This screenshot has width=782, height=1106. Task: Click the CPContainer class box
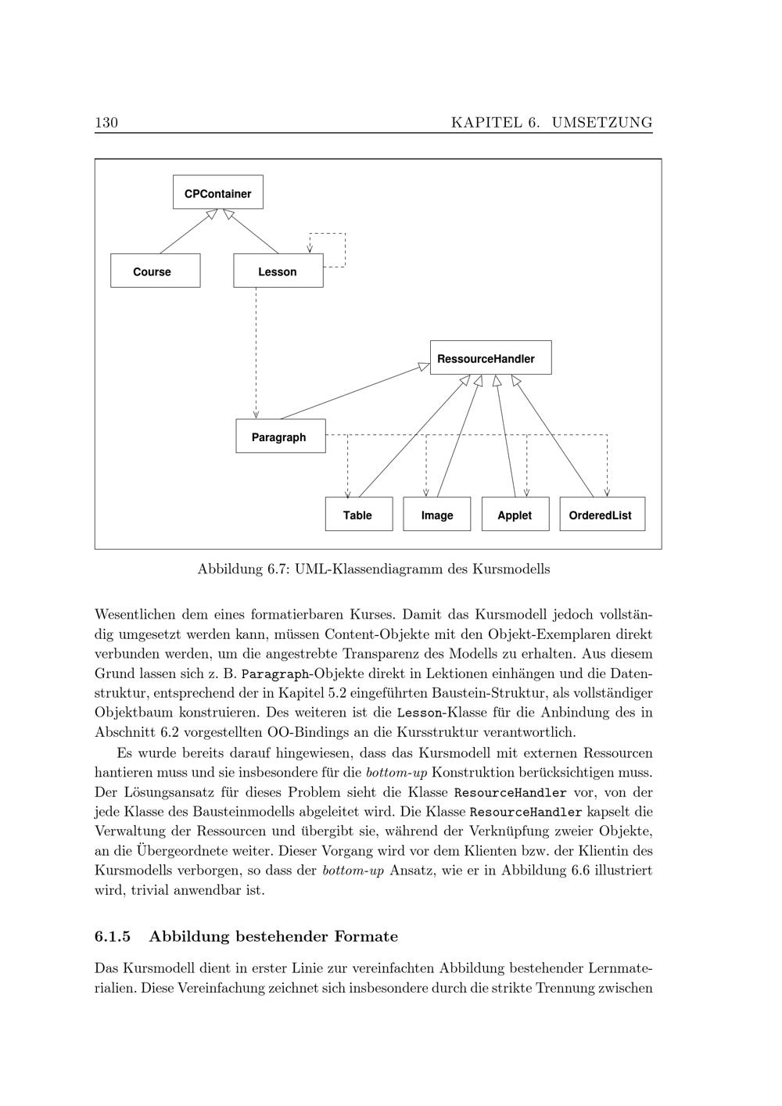coord(217,192)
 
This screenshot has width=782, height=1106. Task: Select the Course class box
coord(155,271)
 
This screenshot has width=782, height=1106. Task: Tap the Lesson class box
coord(278,271)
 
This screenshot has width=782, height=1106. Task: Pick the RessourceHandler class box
coord(490,357)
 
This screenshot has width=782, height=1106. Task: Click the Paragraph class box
coord(280,436)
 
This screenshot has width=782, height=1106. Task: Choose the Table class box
coord(358,514)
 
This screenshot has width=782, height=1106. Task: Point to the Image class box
coord(436,514)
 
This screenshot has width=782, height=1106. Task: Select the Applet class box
coord(515,514)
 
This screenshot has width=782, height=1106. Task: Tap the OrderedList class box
coord(601,514)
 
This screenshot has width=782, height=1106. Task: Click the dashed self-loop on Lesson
coord(344,249)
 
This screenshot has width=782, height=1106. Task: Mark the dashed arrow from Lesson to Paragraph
coord(256,352)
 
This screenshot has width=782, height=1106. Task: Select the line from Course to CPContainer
coord(186,232)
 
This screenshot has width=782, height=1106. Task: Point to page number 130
coord(106,122)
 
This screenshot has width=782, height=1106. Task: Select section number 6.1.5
coord(113,936)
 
